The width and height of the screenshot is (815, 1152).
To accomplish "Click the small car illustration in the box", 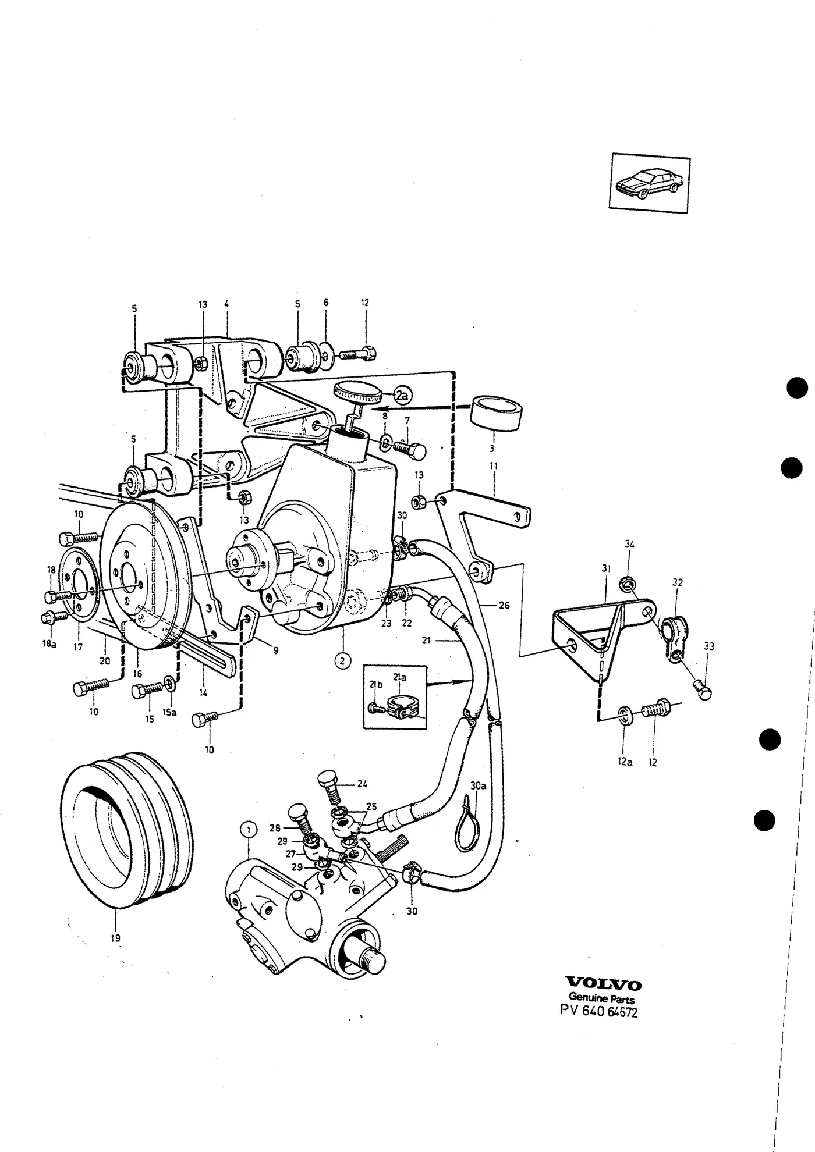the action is (x=650, y=183).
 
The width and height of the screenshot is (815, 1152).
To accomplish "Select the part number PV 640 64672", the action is (x=599, y=1012).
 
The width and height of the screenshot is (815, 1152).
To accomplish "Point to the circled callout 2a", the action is (x=402, y=396).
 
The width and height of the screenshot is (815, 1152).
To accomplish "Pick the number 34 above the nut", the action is (x=629, y=545).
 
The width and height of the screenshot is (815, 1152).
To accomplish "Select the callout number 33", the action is (x=708, y=646).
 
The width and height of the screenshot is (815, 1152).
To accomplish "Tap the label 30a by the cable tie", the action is (x=478, y=785).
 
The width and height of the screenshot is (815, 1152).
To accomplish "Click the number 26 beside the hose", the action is (x=504, y=606).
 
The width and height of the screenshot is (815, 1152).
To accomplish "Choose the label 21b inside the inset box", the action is (x=376, y=685).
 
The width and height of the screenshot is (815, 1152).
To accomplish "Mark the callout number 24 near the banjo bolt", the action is (x=362, y=784).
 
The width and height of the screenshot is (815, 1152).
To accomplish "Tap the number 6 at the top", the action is (x=326, y=303).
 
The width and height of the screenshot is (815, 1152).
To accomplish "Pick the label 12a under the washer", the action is (x=625, y=762).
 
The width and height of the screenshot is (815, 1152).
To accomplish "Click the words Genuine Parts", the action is (x=601, y=999).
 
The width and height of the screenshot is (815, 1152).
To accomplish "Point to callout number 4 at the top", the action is (x=226, y=303).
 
